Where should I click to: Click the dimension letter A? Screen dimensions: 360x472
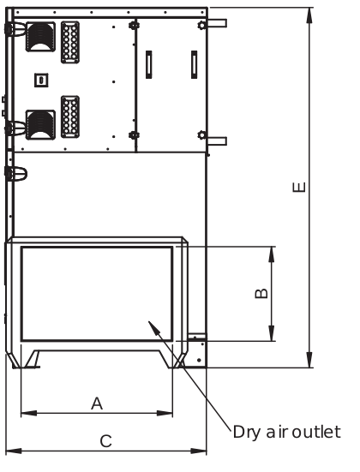point(97,403)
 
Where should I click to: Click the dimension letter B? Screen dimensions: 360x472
point(261,294)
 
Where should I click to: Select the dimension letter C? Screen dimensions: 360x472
point(105,441)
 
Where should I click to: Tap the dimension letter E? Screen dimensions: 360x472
point(299,187)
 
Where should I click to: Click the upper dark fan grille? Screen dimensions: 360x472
point(40,37)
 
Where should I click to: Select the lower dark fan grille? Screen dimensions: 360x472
point(40,125)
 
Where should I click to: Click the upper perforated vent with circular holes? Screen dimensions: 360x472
point(70,42)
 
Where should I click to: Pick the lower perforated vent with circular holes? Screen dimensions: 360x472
point(70,117)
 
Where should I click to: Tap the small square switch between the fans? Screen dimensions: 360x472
point(41,81)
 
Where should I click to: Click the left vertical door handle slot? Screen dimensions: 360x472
point(149,65)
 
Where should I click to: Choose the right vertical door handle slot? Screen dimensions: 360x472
point(195,65)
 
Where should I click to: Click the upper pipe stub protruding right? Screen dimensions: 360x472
point(217,23)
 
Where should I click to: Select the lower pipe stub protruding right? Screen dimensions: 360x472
point(217,141)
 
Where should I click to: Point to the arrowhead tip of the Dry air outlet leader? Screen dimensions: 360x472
point(148,321)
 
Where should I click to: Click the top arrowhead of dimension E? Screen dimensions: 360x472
point(309,8)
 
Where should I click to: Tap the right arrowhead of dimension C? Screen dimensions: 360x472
point(207,451)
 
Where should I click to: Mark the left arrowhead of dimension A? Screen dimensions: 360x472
point(21,413)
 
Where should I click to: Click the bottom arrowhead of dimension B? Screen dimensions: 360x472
point(272,341)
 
